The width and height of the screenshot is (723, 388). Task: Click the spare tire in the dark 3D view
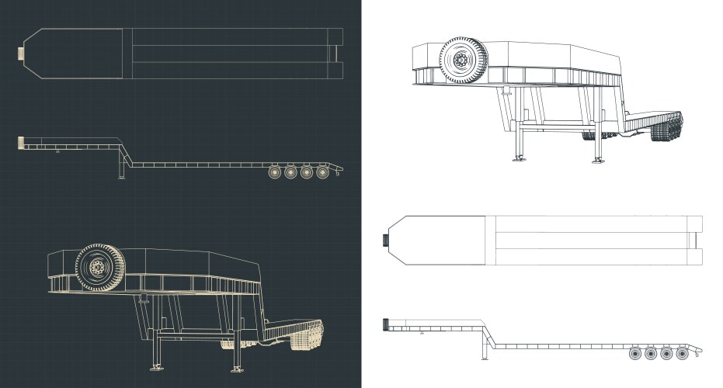[100, 268]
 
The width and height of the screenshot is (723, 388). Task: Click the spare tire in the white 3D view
[464, 60]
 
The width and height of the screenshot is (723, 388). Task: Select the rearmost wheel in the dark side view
[323, 171]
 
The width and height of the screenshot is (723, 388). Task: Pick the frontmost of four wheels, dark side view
[275, 171]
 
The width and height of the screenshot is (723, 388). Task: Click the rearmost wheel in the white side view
[683, 353]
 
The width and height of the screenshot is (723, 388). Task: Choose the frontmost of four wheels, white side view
[635, 353]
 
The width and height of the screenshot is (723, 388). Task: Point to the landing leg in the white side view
[485, 348]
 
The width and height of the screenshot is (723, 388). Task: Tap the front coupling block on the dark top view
[21, 54]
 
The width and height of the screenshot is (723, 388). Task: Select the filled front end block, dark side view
[19, 143]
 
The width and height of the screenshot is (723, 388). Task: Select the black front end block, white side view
[384, 324]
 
